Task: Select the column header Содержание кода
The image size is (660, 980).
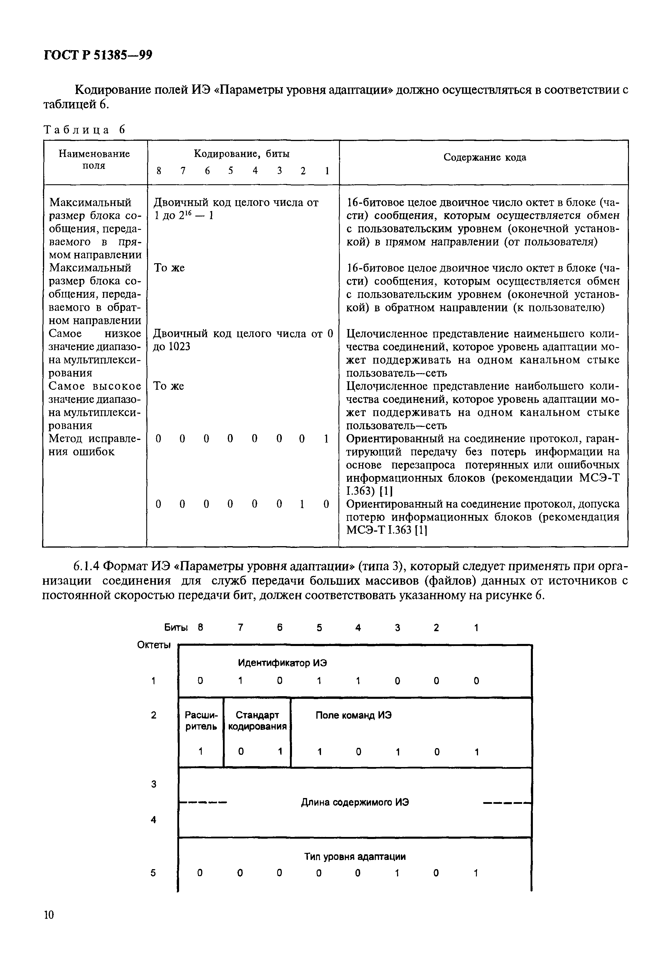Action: pyautogui.click(x=484, y=157)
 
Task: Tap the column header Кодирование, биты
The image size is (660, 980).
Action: pyautogui.click(x=241, y=154)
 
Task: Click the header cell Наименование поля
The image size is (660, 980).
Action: pyautogui.click(x=94, y=160)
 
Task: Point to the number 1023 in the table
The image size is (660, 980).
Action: pyautogui.click(x=179, y=347)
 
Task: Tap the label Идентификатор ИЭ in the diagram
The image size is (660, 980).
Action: pyautogui.click(x=282, y=663)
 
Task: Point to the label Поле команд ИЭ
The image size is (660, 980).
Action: pyautogui.click(x=354, y=715)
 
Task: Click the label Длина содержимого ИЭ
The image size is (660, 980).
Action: pyautogui.click(x=355, y=802)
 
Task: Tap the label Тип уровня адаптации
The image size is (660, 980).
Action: pyautogui.click(x=355, y=856)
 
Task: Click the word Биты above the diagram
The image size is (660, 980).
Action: pyautogui.click(x=176, y=627)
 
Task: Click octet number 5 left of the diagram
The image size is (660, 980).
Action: pyautogui.click(x=153, y=873)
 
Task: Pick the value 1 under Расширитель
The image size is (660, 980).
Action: pyautogui.click(x=201, y=751)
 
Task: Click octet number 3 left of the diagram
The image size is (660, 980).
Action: pyautogui.click(x=154, y=784)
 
